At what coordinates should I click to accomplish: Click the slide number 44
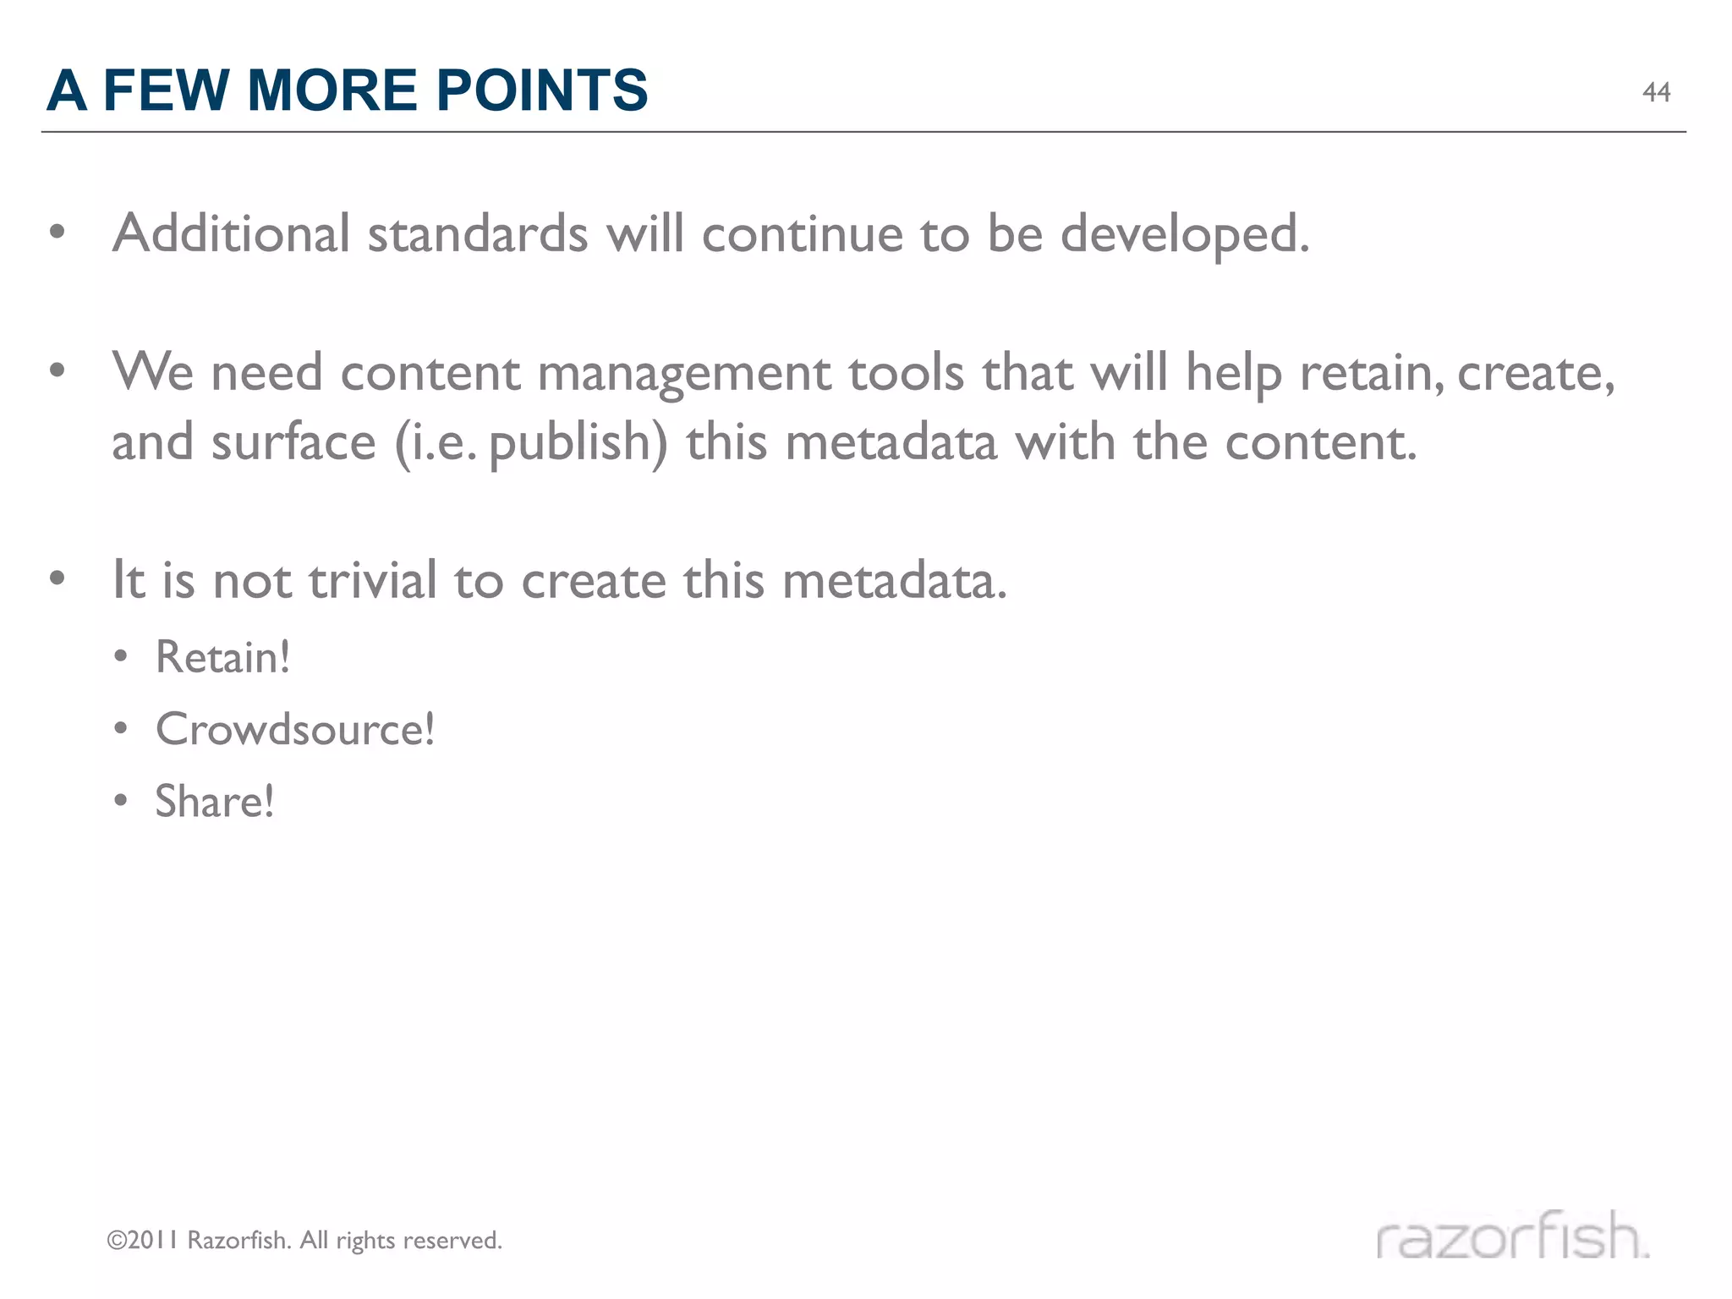(x=1656, y=92)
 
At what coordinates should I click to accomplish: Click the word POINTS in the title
(x=541, y=90)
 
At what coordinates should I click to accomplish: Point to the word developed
(x=1184, y=234)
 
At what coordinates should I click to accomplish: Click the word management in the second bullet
(x=683, y=374)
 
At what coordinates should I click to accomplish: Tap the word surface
(x=293, y=443)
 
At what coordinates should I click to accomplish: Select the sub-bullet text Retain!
(x=222, y=657)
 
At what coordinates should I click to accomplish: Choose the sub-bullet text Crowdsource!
(x=294, y=729)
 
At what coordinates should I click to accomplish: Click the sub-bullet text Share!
(x=214, y=801)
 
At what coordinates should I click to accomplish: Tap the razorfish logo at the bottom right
(x=1512, y=1236)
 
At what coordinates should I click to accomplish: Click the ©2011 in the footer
(x=141, y=1241)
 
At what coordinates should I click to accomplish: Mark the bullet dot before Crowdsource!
(x=121, y=729)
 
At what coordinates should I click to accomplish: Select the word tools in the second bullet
(x=906, y=373)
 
